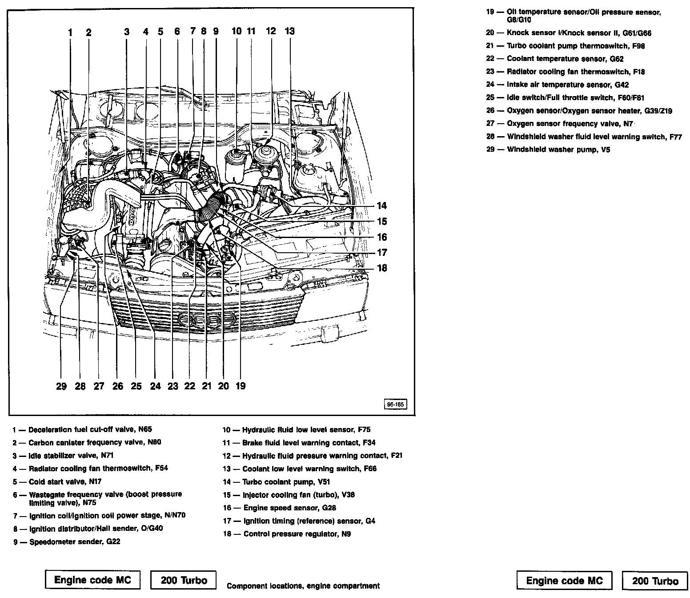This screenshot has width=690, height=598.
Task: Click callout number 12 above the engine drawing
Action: tap(271, 31)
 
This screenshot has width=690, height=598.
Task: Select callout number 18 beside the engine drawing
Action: tap(381, 268)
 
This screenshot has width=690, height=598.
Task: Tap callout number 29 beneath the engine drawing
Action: tap(61, 386)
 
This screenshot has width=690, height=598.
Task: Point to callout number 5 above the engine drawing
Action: tap(160, 32)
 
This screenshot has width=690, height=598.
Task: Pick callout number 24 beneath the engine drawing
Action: tap(155, 386)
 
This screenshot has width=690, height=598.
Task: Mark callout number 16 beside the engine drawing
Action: tap(381, 237)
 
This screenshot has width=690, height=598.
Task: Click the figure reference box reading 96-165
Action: tap(395, 405)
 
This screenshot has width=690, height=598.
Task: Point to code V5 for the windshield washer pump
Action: tap(606, 149)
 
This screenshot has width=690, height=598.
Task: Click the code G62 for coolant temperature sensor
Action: tap(617, 59)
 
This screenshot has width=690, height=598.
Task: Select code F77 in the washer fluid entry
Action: tap(675, 137)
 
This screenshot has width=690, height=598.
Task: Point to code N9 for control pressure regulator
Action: tap(346, 534)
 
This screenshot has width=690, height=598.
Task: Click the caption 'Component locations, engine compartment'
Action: tap(303, 586)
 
